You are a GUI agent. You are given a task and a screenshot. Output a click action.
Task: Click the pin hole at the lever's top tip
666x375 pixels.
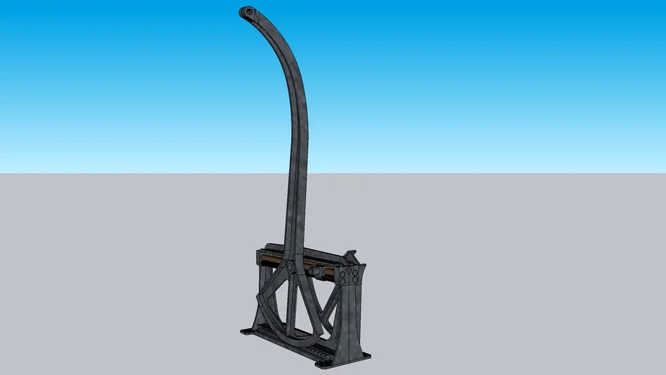[248, 12]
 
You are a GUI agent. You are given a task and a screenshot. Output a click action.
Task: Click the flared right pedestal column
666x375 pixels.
[351, 315]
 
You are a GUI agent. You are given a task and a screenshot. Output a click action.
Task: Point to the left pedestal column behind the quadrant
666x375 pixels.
[262, 293]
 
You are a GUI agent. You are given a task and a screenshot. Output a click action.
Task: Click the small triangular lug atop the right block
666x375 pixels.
[353, 255]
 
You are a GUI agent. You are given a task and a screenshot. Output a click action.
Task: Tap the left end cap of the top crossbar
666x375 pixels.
[258, 257]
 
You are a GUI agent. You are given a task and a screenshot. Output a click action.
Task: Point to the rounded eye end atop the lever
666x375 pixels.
[250, 13]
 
